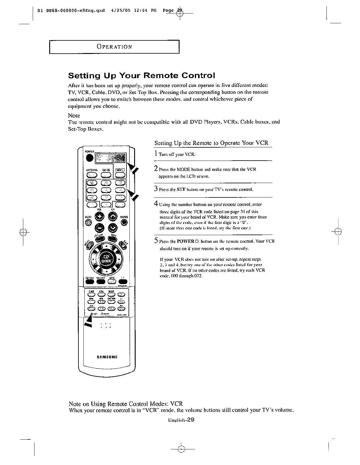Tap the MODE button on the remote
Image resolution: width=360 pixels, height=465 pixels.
click(120, 174)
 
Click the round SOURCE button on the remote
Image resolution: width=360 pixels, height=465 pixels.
click(124, 222)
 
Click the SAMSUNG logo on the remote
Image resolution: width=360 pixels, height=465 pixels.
click(107, 357)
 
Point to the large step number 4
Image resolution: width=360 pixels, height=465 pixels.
click(156, 203)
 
